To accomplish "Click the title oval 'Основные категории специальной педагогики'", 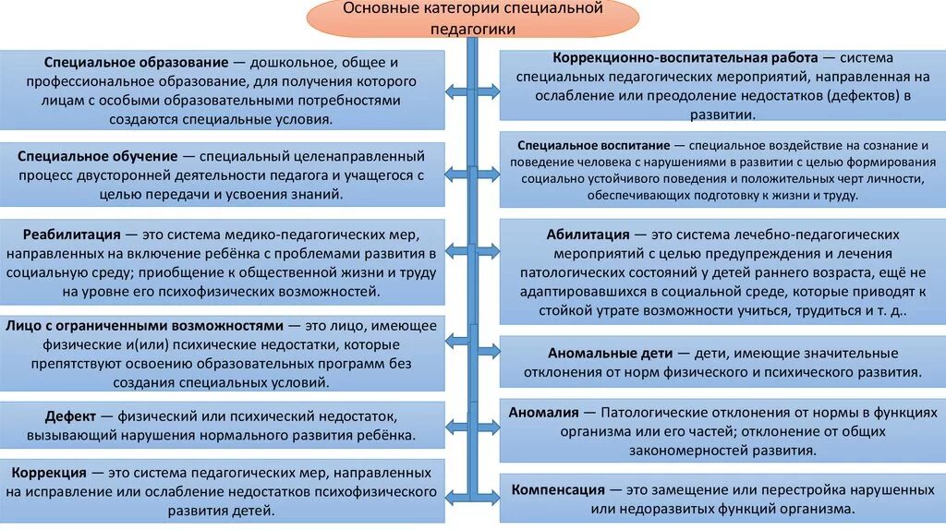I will [x=473, y=18].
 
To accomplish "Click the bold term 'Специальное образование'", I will [x=135, y=63].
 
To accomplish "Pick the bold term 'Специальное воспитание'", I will [x=593, y=146].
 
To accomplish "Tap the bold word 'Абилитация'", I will [x=588, y=235].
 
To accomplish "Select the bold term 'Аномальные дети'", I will [x=605, y=353].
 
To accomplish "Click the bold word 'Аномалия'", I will [x=544, y=412].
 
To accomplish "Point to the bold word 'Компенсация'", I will [x=558, y=488].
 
